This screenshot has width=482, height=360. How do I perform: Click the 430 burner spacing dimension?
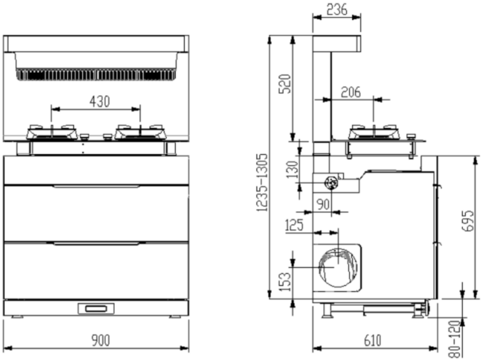point(99,102)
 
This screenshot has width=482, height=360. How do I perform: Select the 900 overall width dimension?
point(101,340)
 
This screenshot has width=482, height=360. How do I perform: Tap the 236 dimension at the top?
point(337,9)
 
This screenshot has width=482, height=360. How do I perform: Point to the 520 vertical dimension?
point(284,84)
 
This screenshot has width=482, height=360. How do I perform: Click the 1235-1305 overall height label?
point(262,183)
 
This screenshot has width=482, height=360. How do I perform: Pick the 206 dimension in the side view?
point(351,92)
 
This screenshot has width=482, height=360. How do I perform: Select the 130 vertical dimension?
point(292,170)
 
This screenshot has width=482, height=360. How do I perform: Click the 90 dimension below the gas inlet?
point(323,204)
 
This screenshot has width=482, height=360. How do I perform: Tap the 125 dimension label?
point(294,225)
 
